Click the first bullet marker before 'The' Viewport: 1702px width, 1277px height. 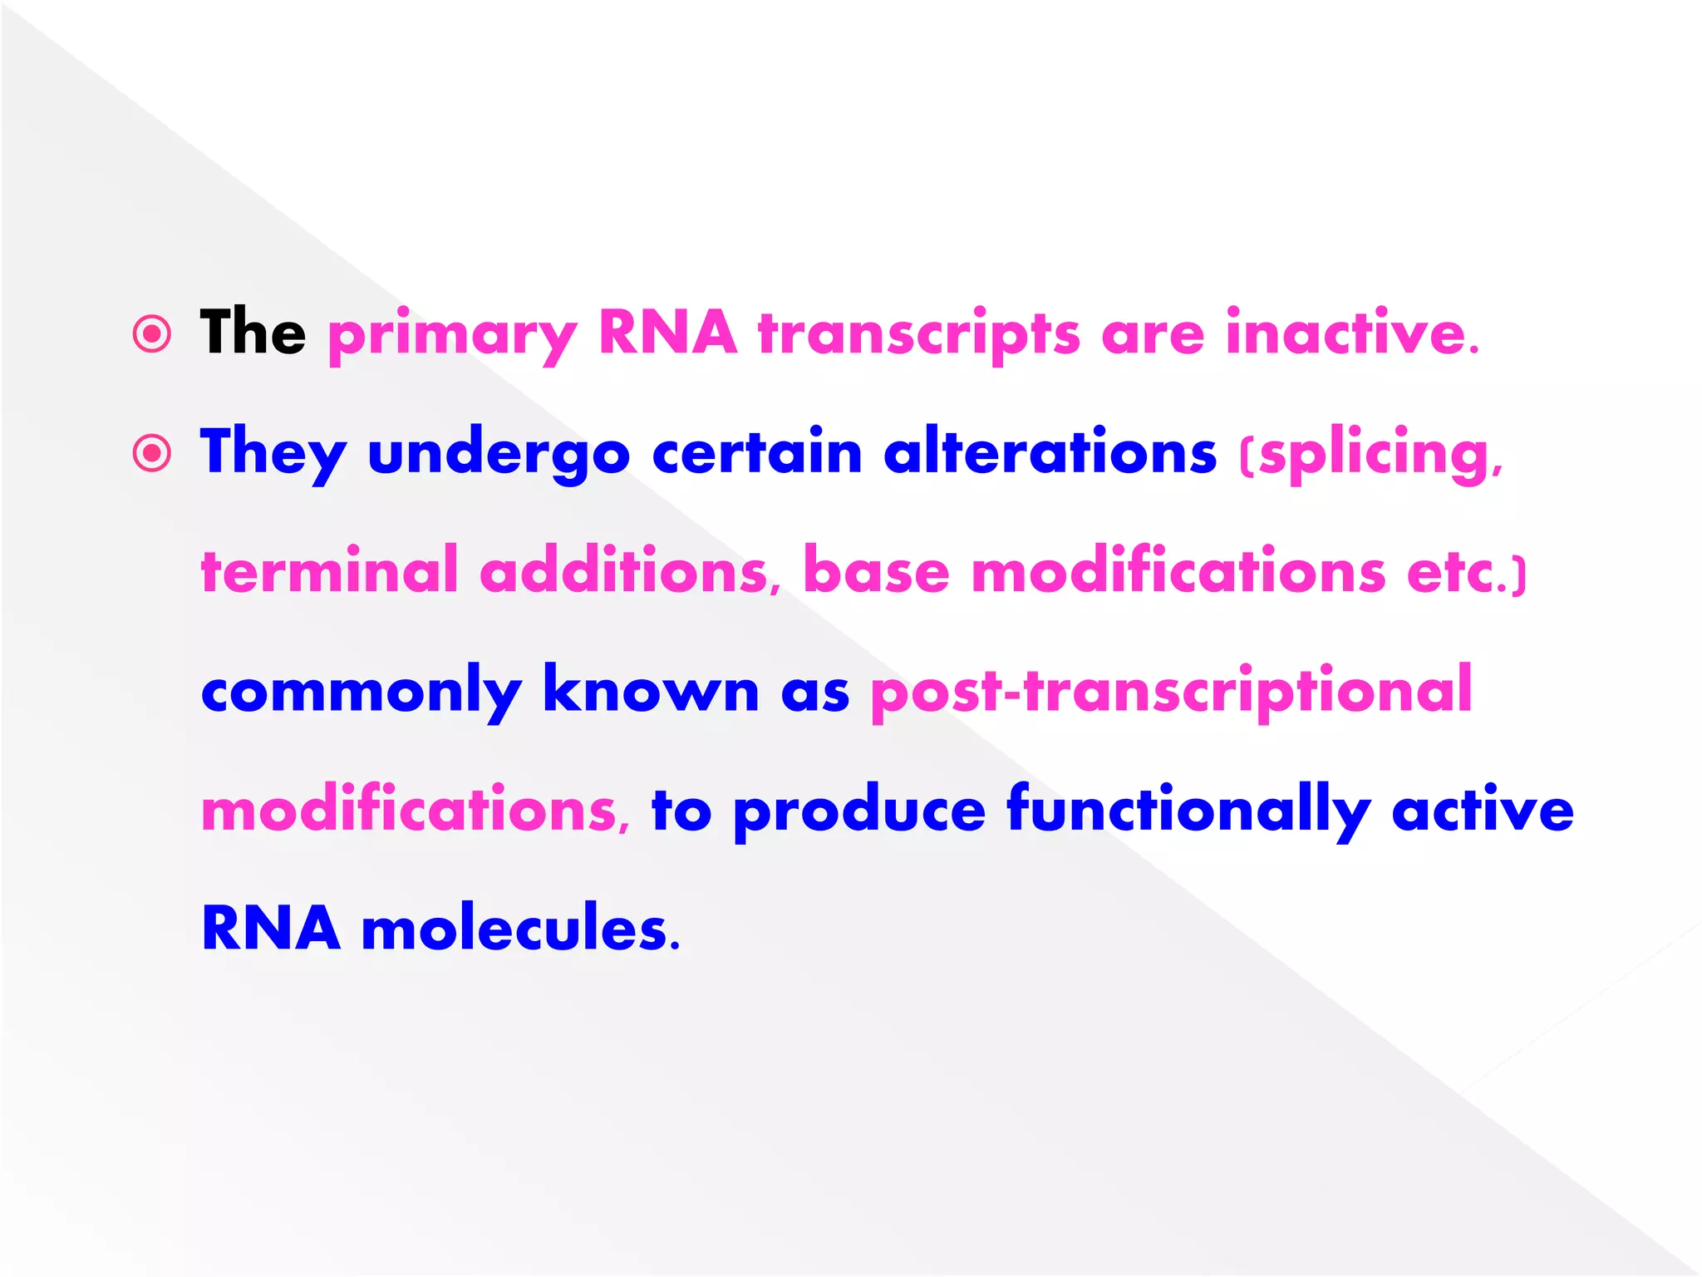point(152,334)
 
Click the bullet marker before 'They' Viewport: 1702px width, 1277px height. point(152,453)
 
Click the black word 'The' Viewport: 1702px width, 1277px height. point(253,333)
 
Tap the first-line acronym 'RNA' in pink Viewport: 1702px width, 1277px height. point(667,333)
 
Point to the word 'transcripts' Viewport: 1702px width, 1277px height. point(919,335)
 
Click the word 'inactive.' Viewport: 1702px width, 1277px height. point(1352,333)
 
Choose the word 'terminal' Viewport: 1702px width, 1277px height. point(330,571)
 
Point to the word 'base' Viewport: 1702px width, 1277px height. point(876,571)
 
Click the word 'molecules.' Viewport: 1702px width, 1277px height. point(520,928)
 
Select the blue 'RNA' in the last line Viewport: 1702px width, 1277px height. point(271,928)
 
